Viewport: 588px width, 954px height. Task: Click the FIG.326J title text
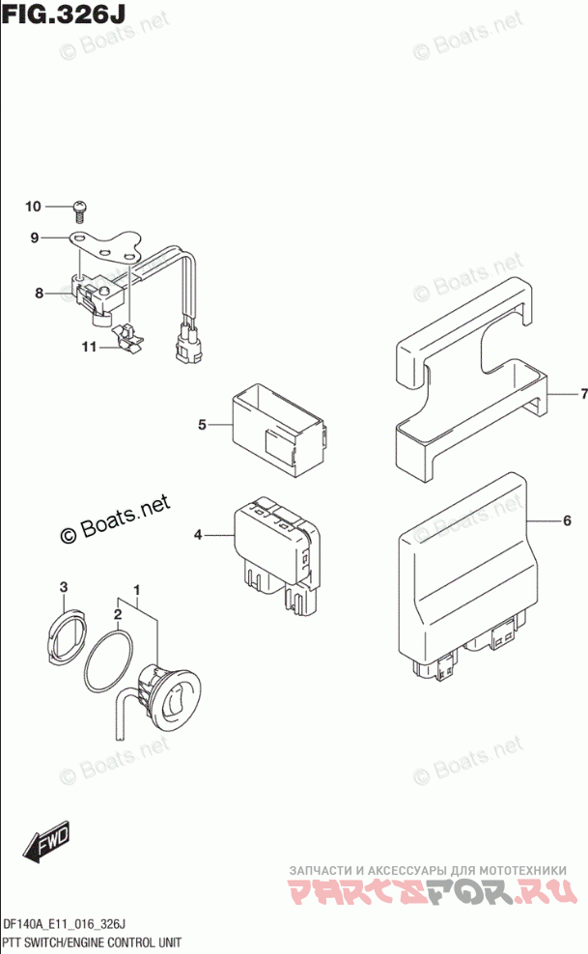(x=65, y=16)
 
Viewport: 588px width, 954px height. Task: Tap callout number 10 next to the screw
(x=33, y=206)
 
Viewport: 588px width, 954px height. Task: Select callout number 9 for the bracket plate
(x=34, y=238)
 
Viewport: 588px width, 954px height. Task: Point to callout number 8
(x=40, y=293)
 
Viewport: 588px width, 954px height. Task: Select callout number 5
(x=203, y=424)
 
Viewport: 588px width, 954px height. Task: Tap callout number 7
(x=583, y=394)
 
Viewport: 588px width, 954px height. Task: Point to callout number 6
(x=568, y=520)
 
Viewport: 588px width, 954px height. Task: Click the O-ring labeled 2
(x=110, y=661)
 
